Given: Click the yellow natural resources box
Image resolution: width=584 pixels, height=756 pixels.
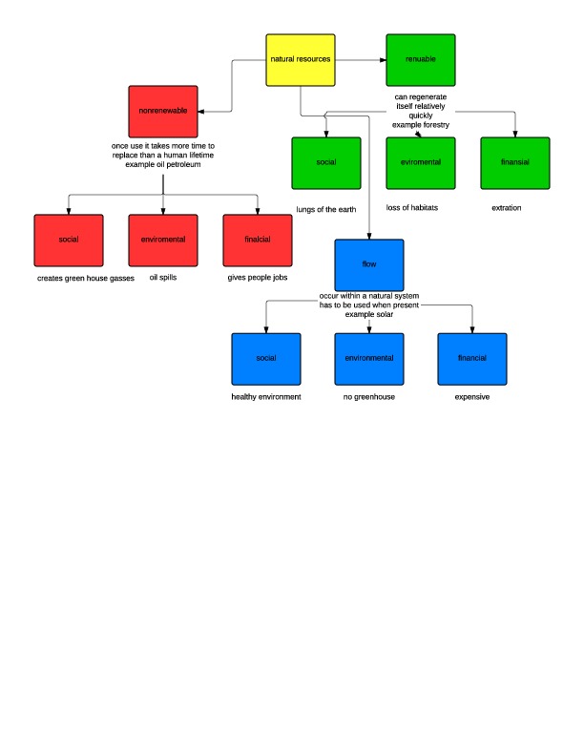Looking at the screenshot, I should [x=300, y=59].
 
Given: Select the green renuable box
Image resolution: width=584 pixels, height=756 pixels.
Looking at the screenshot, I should [x=421, y=59].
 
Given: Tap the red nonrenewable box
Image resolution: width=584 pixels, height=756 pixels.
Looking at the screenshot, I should [x=163, y=112].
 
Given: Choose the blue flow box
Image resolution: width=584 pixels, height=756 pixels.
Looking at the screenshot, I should [x=369, y=265].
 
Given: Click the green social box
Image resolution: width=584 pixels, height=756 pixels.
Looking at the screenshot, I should [x=326, y=163].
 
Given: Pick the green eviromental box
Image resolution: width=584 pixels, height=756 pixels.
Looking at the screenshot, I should [x=421, y=163].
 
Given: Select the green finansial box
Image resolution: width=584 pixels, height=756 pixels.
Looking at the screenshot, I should [x=515, y=163].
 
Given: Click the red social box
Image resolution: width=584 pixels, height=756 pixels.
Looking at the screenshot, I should [x=68, y=240].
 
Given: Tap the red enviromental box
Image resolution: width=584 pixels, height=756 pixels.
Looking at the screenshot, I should [x=163, y=240].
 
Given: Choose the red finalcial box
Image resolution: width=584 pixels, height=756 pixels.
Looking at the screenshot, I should [x=258, y=240].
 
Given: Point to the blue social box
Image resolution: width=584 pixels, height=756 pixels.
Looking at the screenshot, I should [x=266, y=358].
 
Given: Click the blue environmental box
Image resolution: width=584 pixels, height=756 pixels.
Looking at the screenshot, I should [x=369, y=358].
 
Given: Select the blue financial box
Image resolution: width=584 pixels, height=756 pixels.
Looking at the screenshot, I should [x=472, y=358].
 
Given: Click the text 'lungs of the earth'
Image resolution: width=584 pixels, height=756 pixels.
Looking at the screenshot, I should [x=326, y=208].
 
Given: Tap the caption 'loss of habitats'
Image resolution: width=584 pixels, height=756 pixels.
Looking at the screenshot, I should [x=412, y=208].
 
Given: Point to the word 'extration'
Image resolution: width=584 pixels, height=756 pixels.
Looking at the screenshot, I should [x=507, y=208].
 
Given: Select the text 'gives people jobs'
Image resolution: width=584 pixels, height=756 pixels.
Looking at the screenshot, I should [x=258, y=278].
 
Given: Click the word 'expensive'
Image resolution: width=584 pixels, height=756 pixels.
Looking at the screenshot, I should [x=472, y=396].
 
